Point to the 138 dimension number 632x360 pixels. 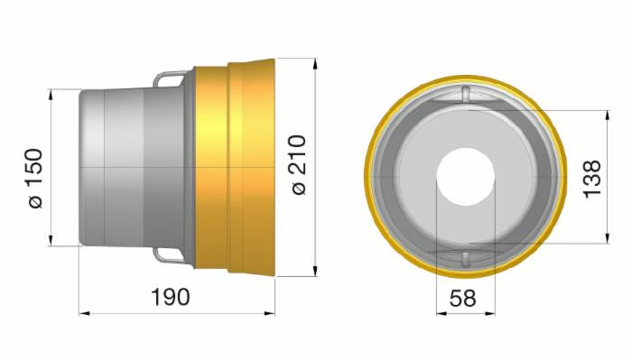[x=592, y=179]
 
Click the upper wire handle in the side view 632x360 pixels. [x=172, y=80]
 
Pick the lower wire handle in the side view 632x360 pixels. [x=172, y=255]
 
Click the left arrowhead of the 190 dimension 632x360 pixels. [x=84, y=313]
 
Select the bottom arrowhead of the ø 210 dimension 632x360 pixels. [x=315, y=272]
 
